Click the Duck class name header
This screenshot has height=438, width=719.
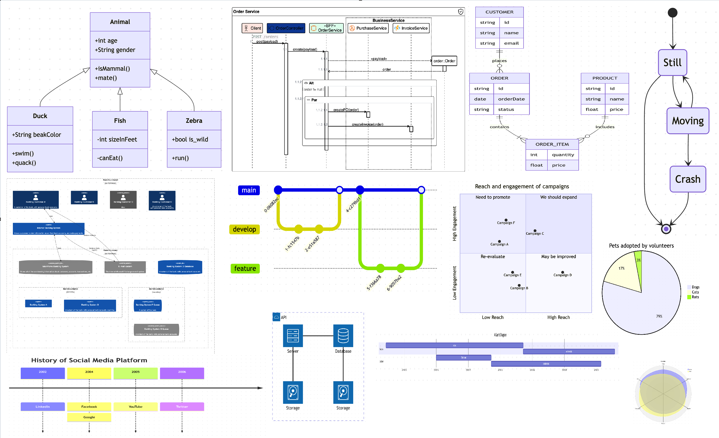[x=40, y=116]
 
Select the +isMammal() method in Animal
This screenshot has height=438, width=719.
[x=112, y=69]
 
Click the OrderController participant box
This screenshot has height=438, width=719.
[x=286, y=28]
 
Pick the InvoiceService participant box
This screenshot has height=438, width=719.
[x=411, y=28]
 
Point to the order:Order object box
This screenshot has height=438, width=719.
[x=444, y=61]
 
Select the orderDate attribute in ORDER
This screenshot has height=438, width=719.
[x=511, y=99]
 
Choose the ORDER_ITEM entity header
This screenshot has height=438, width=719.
[x=552, y=144]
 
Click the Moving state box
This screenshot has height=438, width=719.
[x=687, y=121]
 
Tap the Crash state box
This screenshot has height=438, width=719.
[x=687, y=179]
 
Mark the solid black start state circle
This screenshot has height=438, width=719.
[x=672, y=13]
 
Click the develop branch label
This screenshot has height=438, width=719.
[x=244, y=229]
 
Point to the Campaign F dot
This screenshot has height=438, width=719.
[x=506, y=220]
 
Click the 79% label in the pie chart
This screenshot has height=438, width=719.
[x=659, y=316]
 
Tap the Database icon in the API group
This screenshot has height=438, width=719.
[x=343, y=336]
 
